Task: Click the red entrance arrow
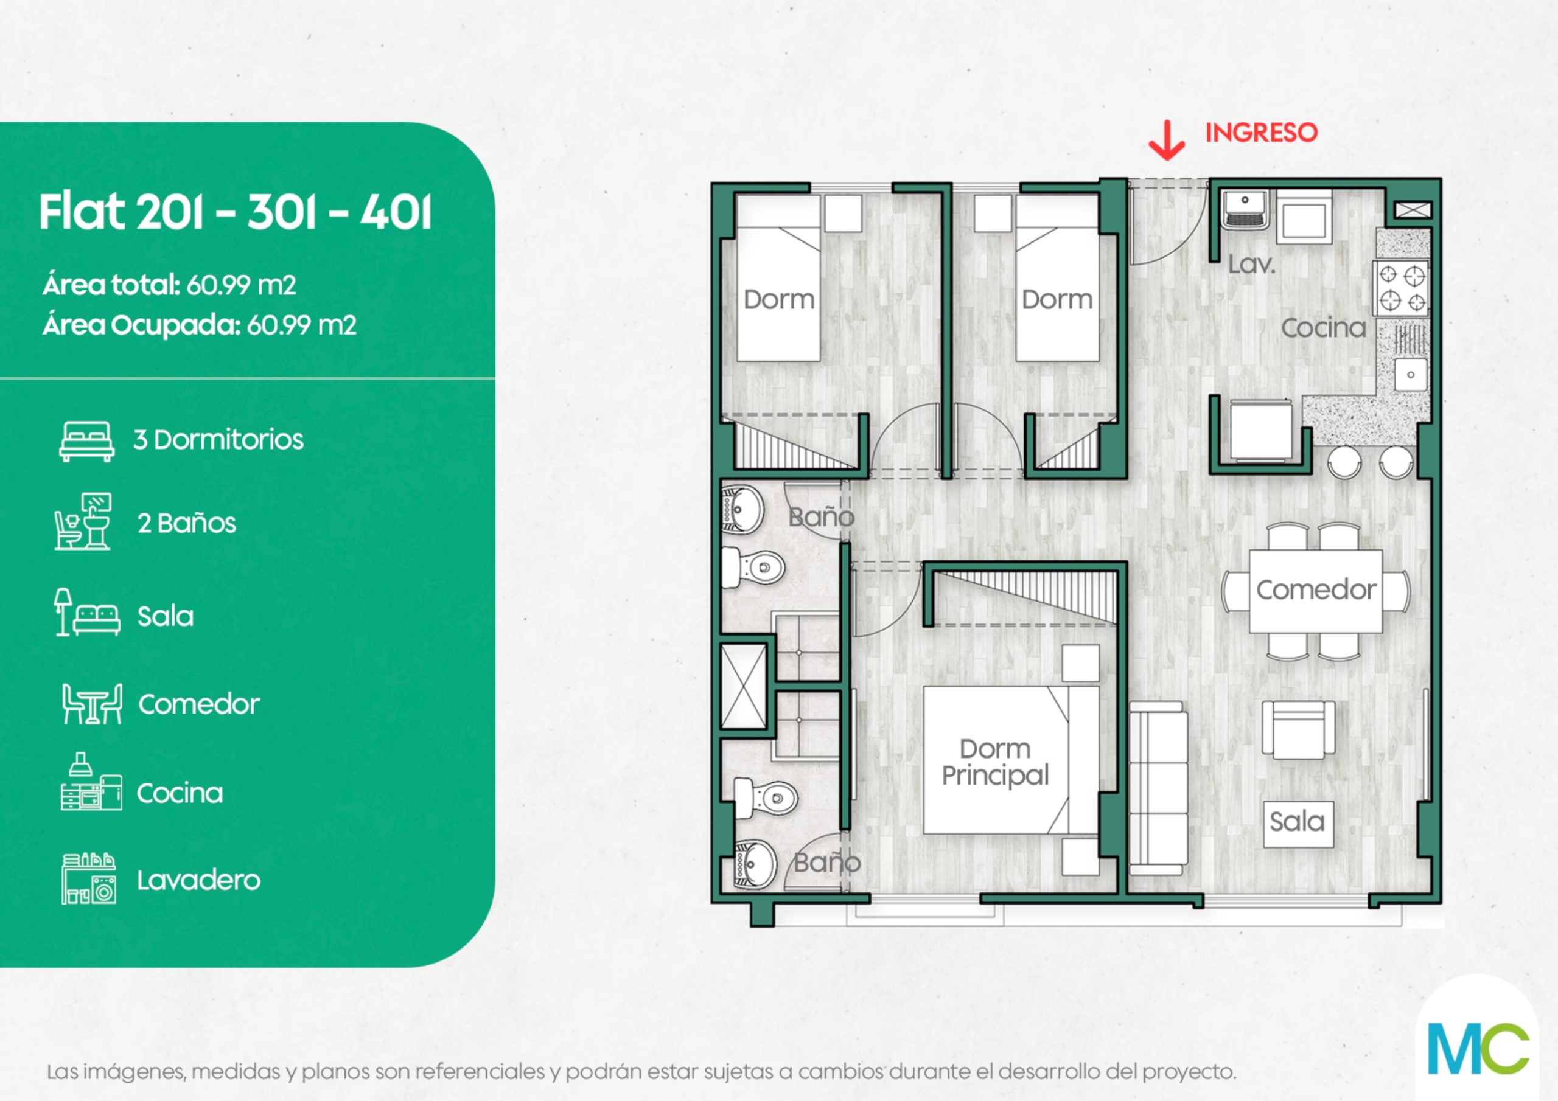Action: click(x=1167, y=141)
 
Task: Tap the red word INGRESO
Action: click(x=1262, y=132)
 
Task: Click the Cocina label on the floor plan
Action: click(x=1323, y=328)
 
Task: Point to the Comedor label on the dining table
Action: click(x=1316, y=589)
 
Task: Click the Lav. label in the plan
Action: click(x=1252, y=264)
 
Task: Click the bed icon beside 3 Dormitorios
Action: click(x=87, y=441)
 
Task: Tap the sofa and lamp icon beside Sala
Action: click(x=87, y=613)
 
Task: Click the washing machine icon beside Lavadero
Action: click(x=89, y=879)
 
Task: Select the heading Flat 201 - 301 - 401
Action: click(x=235, y=212)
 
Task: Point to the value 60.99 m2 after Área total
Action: click(x=242, y=285)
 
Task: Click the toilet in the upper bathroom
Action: click(x=753, y=567)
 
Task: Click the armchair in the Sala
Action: click(x=1298, y=729)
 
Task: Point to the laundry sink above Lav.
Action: click(x=1245, y=209)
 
